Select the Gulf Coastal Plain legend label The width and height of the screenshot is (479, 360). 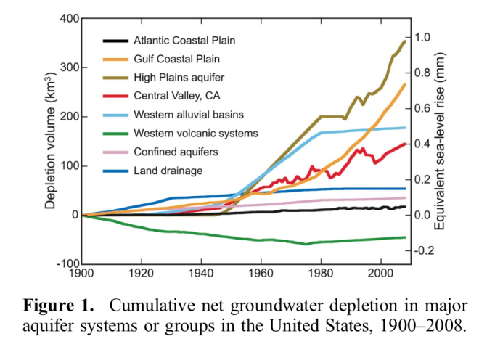coord(177,59)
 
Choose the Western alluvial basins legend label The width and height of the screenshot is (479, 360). coord(189,115)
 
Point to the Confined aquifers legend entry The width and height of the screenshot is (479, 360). coord(176,152)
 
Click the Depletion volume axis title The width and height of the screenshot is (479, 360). coord(50,141)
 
